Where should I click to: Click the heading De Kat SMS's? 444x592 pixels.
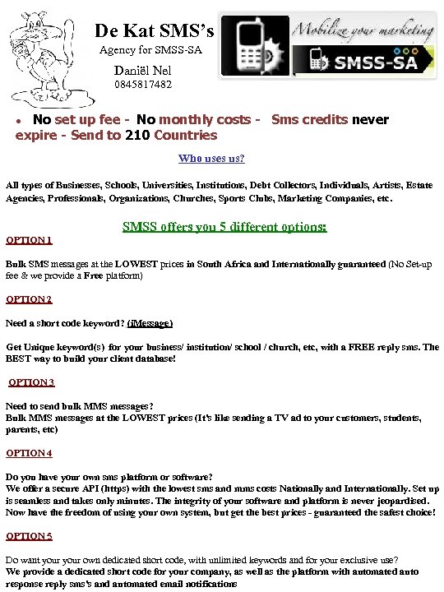coord(154,31)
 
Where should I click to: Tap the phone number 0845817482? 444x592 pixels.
coord(143,85)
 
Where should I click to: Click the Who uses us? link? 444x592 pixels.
coord(211,159)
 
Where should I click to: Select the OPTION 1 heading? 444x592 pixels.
coord(29,240)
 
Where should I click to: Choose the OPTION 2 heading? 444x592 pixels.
coord(29,299)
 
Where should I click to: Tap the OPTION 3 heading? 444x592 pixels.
coord(32,382)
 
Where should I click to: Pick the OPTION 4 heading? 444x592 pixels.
coord(29,453)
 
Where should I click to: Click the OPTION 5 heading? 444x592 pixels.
coord(29,536)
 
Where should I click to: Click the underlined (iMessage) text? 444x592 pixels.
coord(150,323)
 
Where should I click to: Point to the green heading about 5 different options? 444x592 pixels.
coord(224,226)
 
